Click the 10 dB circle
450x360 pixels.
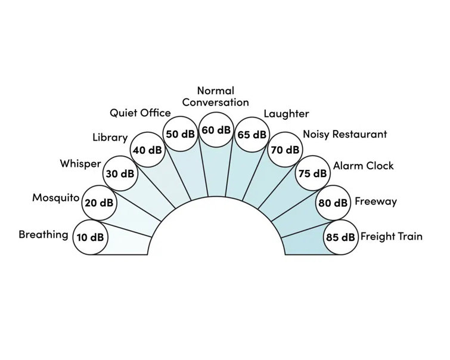point(91,237)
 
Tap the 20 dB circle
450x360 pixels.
point(99,203)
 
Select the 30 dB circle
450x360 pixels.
point(120,173)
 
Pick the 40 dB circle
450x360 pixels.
point(147,150)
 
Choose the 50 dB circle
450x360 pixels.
point(180,134)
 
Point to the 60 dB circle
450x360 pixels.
point(216,130)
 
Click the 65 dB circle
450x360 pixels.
point(252,134)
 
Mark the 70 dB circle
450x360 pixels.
point(285,150)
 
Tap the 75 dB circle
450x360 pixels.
point(312,173)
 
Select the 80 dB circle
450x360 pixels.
point(333,203)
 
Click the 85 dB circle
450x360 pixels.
point(341,237)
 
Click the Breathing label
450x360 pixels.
point(44,235)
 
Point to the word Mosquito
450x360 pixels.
point(55,198)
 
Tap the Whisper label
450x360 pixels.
point(80,164)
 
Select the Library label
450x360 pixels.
point(110,138)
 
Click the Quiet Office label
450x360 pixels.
point(140,113)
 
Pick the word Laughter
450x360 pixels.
point(287,114)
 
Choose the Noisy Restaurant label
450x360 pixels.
point(345,134)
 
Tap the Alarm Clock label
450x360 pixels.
point(364,166)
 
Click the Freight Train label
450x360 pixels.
point(392,236)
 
